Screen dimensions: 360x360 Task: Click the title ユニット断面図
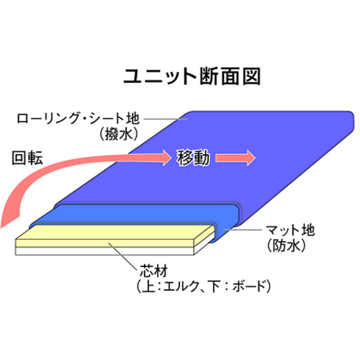click(192, 76)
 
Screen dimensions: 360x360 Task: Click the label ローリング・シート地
click(78, 119)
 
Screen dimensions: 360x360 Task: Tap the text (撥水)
click(119, 134)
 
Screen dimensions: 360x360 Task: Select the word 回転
click(27, 158)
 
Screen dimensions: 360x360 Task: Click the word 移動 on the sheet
click(193, 158)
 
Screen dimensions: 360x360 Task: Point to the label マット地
click(291, 230)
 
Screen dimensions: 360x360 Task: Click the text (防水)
click(287, 246)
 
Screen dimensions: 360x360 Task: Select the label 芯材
click(154, 271)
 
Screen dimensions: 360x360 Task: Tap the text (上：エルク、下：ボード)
click(204, 286)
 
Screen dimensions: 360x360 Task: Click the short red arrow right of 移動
click(235, 158)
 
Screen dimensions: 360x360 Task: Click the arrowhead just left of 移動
click(167, 158)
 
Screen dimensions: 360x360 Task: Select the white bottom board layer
click(104, 251)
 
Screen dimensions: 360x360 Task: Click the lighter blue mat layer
click(135, 213)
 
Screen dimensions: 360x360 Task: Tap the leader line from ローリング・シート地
click(165, 119)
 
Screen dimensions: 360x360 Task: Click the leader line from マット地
click(243, 230)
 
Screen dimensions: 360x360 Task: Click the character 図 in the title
click(251, 76)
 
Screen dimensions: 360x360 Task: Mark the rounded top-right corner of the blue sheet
click(352, 114)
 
